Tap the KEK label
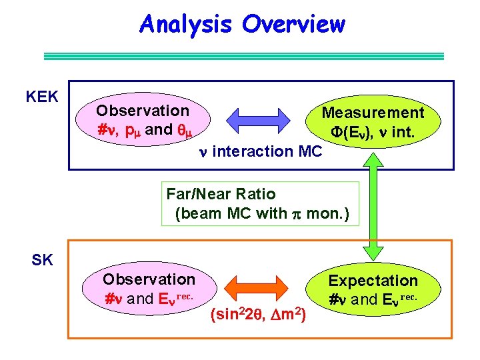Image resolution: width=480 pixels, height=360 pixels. (x=42, y=97)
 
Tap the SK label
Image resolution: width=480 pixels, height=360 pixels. (x=42, y=260)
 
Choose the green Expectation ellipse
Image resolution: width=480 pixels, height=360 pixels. (x=373, y=289)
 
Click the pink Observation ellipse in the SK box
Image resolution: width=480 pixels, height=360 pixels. (x=149, y=288)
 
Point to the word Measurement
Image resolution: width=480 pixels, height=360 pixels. (x=373, y=113)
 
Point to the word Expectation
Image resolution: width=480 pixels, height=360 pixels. (x=373, y=281)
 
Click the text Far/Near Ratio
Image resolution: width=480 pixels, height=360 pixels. (x=221, y=194)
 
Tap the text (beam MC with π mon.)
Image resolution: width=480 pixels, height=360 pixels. (x=262, y=214)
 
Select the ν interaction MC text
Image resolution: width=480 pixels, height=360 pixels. (x=260, y=151)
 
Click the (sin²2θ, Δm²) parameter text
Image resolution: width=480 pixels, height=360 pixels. (x=258, y=314)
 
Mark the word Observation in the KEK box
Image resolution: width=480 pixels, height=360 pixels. (x=143, y=111)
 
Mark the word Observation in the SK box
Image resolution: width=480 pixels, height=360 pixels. (x=149, y=279)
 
